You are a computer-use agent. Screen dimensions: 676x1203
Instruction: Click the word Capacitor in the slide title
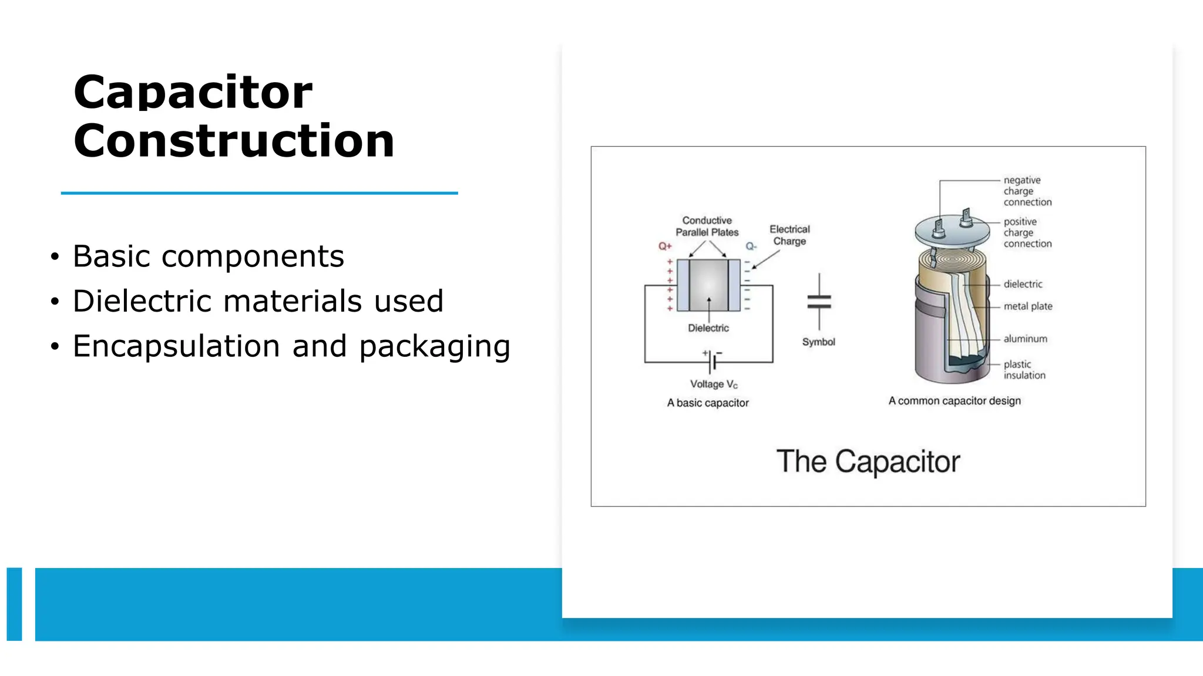point(193,93)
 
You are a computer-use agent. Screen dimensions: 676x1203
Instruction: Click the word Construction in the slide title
point(234,141)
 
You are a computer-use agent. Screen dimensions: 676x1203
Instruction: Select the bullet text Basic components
point(208,256)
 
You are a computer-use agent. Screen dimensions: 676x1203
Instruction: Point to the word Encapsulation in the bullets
point(176,346)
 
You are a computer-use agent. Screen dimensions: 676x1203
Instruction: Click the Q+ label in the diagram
point(665,246)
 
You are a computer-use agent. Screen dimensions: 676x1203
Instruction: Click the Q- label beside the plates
point(751,246)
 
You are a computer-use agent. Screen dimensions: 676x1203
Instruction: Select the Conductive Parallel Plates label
point(707,227)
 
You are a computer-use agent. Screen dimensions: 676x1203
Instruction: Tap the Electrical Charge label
point(789,235)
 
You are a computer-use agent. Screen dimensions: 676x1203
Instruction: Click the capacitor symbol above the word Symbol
point(819,302)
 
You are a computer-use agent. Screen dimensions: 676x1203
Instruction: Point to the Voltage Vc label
point(714,384)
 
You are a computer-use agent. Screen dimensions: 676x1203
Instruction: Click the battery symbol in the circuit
point(712,361)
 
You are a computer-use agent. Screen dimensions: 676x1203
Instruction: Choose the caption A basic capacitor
point(708,403)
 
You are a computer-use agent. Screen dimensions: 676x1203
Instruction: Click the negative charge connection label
point(1027,191)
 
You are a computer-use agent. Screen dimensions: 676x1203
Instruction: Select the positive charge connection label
point(1027,233)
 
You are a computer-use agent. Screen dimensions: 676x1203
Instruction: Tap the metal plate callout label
point(1028,306)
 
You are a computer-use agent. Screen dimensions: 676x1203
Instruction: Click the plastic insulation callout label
point(1024,370)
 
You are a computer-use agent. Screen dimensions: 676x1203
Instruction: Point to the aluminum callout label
point(1025,339)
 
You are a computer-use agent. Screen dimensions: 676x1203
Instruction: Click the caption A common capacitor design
point(955,401)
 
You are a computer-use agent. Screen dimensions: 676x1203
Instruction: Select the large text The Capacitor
point(868,462)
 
